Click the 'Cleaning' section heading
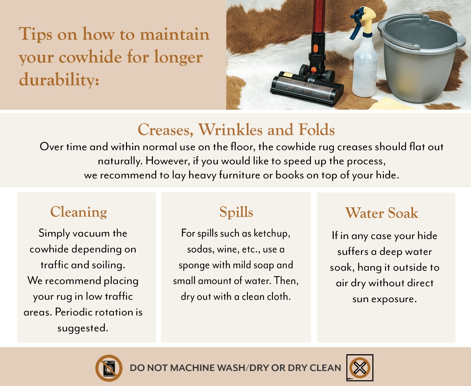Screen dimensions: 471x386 [x=79, y=212]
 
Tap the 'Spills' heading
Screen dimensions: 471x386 [x=236, y=212]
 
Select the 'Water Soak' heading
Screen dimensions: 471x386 [x=382, y=213]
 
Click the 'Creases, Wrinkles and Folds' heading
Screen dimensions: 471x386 [x=236, y=129]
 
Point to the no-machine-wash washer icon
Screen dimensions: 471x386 [x=109, y=368]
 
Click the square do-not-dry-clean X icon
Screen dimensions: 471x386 [x=360, y=368]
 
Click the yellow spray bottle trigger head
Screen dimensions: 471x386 [x=364, y=20]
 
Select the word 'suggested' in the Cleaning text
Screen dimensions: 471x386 [x=83, y=328]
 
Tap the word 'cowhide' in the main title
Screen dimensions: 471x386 [x=90, y=57]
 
